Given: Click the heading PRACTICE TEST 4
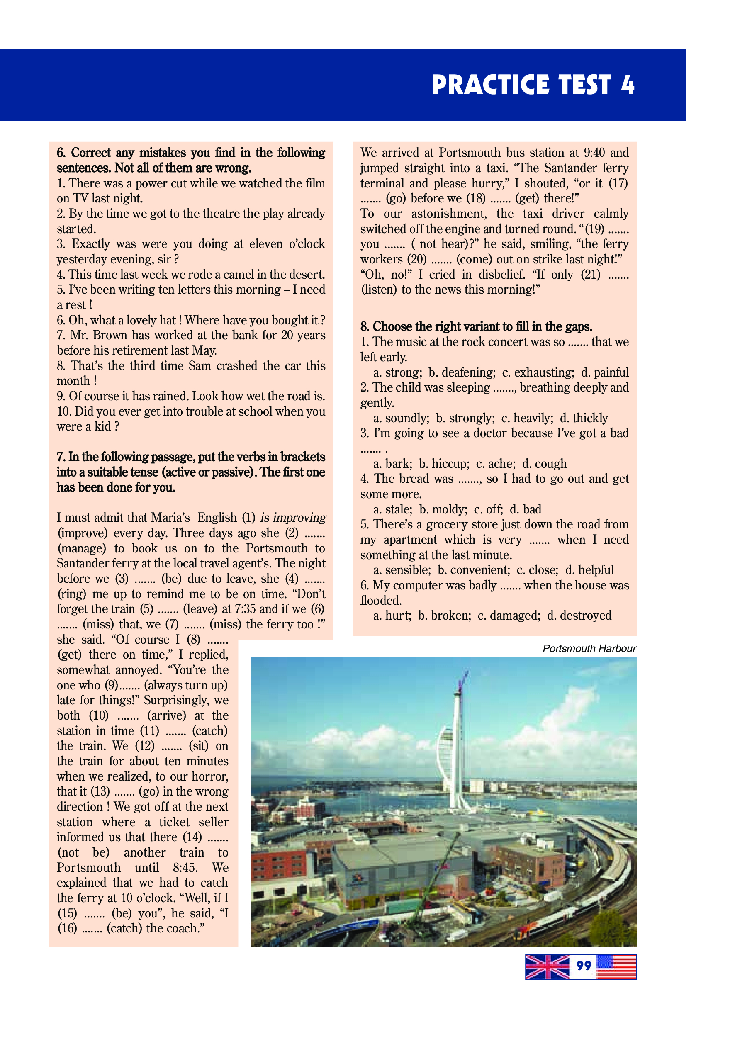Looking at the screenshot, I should pos(533,85).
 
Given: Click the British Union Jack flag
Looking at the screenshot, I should pos(548,966).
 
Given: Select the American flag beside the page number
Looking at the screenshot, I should pos(617,966).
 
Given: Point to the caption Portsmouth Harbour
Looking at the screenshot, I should pos(589,648).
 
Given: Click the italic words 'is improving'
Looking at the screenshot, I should pos(293,518).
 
